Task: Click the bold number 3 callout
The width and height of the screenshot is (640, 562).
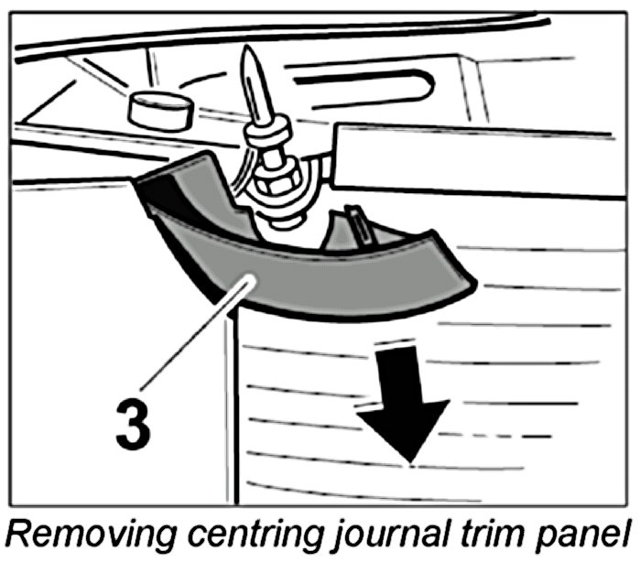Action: click(134, 427)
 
